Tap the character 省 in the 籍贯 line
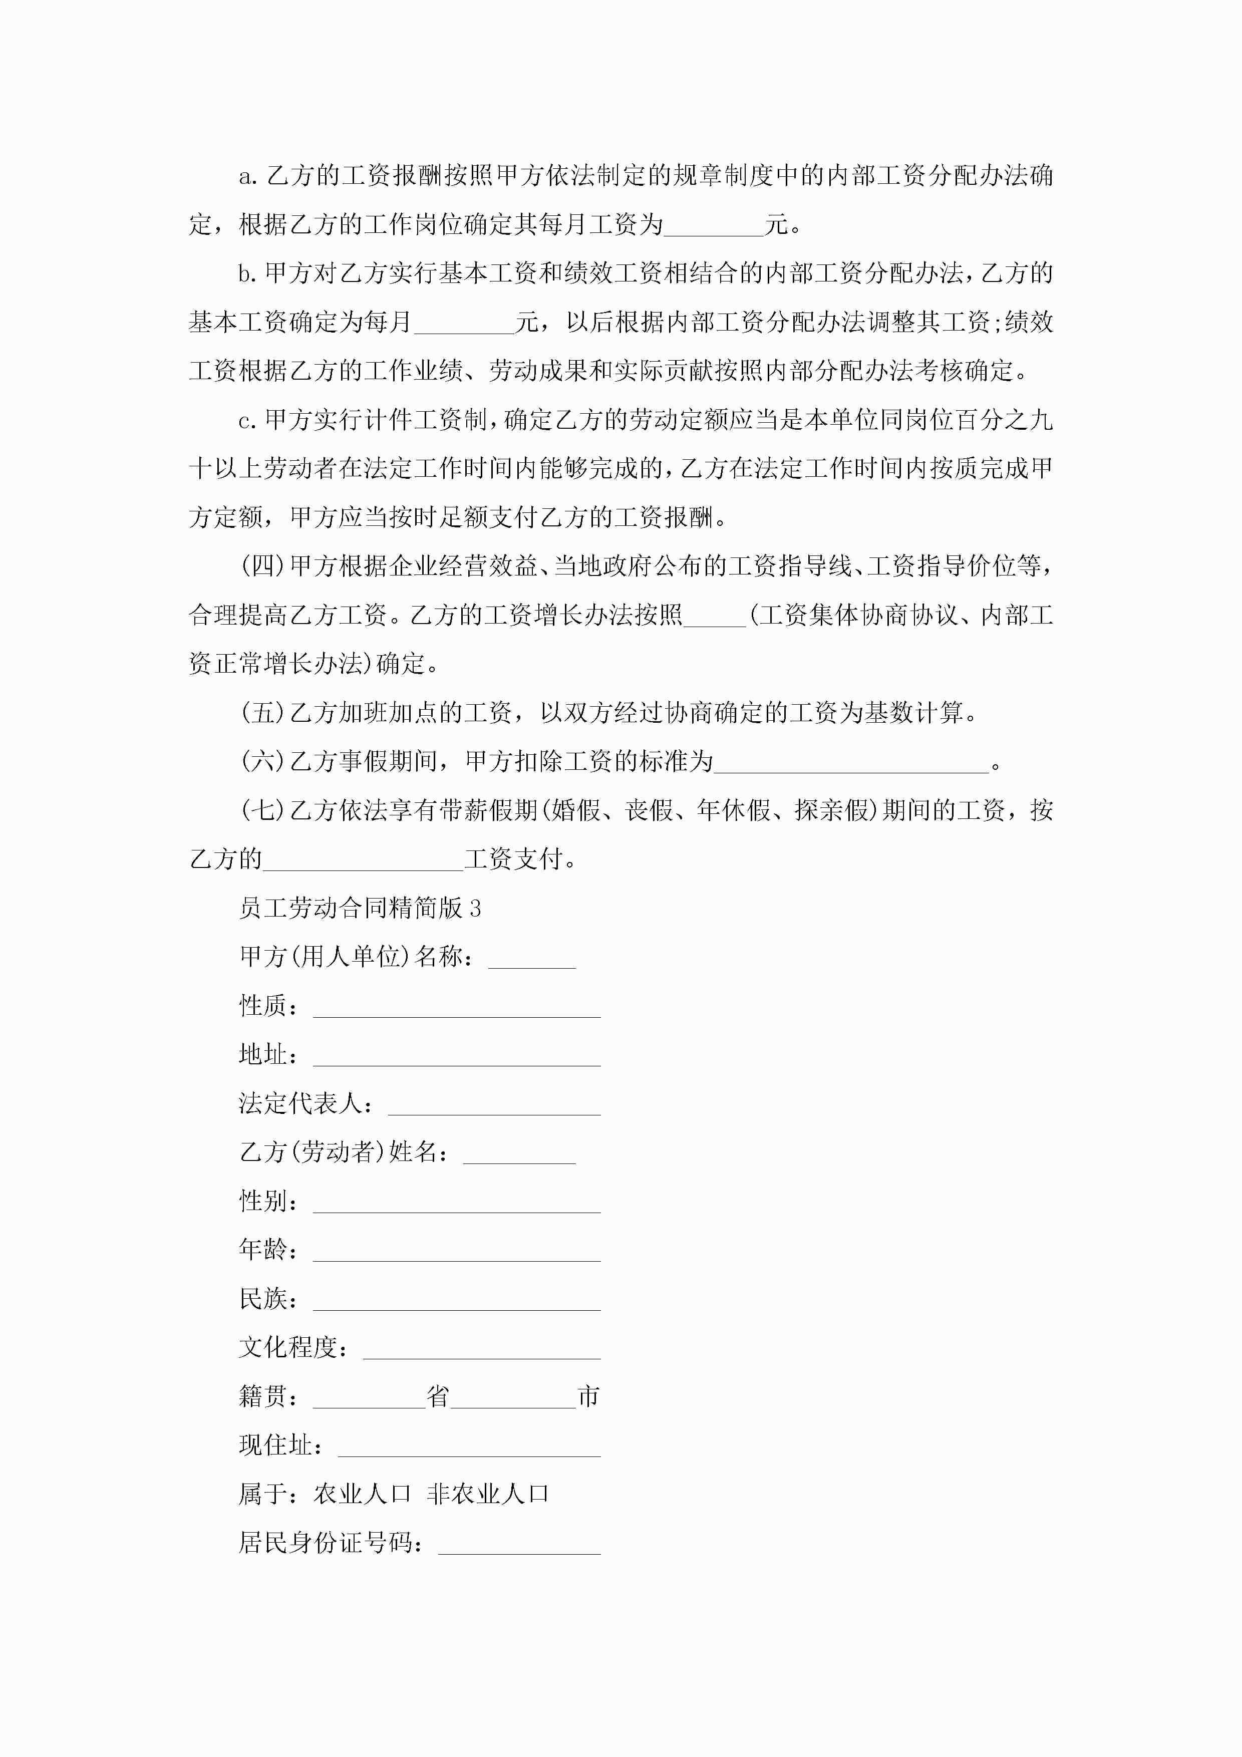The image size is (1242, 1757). (x=438, y=1396)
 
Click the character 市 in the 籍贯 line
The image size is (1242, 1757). (x=588, y=1396)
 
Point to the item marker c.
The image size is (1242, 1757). (x=246, y=420)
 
